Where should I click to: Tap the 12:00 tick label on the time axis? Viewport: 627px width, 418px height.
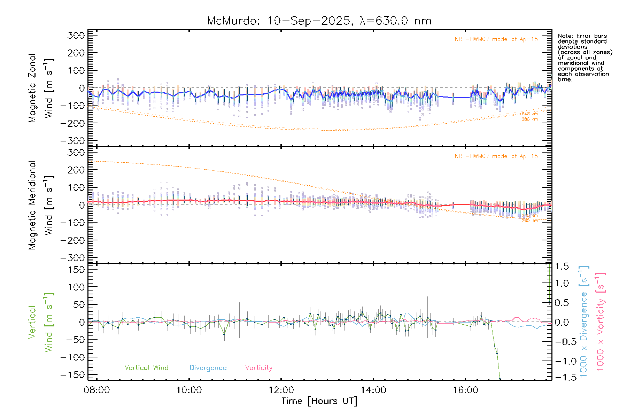pos(281,390)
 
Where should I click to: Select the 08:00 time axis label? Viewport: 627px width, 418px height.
pos(96,390)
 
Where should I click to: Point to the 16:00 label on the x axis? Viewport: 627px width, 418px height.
pos(465,390)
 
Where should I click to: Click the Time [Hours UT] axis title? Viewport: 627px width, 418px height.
pos(319,401)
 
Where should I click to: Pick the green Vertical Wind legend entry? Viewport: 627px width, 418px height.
pos(146,368)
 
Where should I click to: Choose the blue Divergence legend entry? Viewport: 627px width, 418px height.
pos(208,368)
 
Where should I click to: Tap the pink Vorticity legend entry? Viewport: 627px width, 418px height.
pos(258,368)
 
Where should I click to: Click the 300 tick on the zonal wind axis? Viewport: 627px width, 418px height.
pos(76,35)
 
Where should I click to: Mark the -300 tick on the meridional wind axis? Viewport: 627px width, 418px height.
pos(73,258)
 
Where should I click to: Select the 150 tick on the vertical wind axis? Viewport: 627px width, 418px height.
pos(76,270)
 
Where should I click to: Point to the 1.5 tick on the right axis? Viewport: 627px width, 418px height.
pos(562,266)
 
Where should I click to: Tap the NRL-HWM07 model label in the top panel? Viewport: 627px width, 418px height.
pos(496,39)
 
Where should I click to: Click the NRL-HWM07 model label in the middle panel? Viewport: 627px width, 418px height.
pos(496,156)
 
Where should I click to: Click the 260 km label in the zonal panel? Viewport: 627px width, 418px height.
pos(529,119)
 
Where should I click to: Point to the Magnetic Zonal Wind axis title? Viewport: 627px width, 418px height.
pos(41,88)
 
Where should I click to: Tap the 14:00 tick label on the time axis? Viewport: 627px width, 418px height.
pos(373,390)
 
